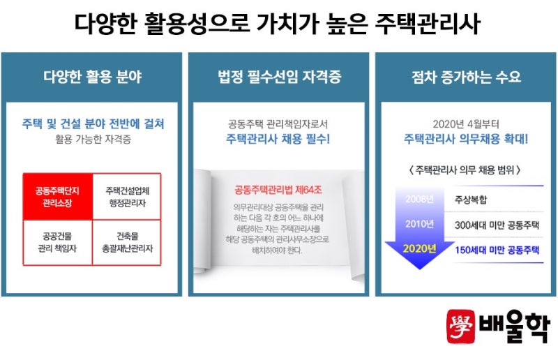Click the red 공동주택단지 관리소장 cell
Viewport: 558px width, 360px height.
click(x=58, y=197)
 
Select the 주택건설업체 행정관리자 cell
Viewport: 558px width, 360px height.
click(x=127, y=197)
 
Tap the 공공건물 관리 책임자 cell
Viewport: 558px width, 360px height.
click(x=58, y=242)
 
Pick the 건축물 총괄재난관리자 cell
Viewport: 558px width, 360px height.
click(x=127, y=242)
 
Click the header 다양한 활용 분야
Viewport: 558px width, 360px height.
click(x=93, y=77)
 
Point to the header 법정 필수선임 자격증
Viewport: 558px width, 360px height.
click(x=280, y=77)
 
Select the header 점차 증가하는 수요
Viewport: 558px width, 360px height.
click(x=466, y=77)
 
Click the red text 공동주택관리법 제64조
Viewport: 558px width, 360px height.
click(x=278, y=190)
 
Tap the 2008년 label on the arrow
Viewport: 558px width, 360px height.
click(x=420, y=199)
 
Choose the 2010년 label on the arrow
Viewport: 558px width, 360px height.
click(x=420, y=224)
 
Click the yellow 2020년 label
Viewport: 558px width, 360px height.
click(x=420, y=248)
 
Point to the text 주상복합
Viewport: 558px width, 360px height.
click(x=470, y=199)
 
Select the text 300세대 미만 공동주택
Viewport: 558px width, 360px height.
click(x=497, y=225)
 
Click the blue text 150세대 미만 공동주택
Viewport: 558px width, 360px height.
click(x=497, y=250)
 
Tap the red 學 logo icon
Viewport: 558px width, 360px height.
click(x=461, y=327)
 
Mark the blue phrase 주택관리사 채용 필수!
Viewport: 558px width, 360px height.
click(x=278, y=139)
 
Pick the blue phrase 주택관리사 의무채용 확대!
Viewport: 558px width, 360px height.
click(x=466, y=139)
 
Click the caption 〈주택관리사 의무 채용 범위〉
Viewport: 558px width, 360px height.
click(x=465, y=170)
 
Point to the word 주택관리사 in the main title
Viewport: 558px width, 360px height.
click(x=428, y=24)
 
